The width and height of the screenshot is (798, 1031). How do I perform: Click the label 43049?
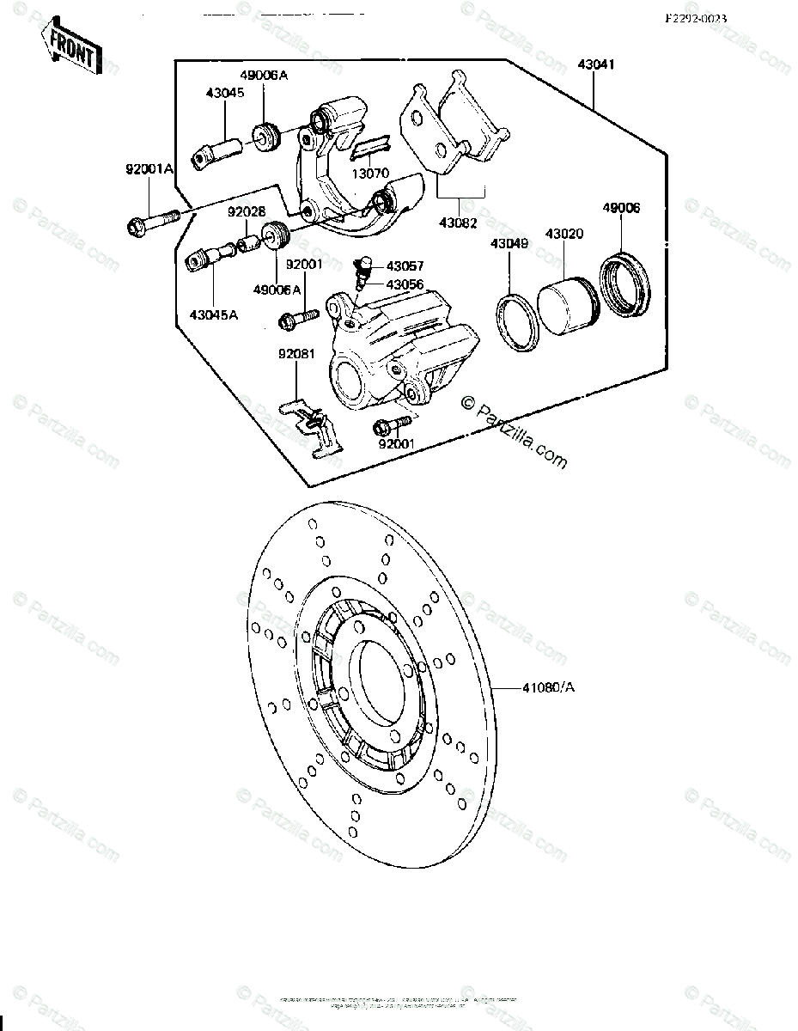(x=510, y=243)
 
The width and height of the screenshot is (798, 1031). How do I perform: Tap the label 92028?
(x=246, y=210)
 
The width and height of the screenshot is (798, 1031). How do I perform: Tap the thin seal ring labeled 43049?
(x=517, y=324)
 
